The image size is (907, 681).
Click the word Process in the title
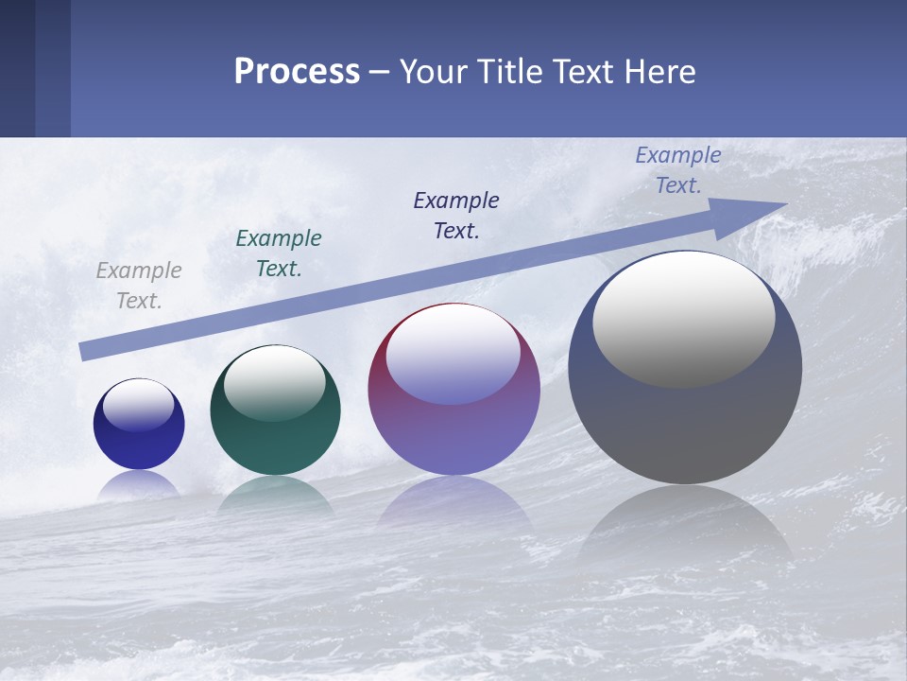pos(297,72)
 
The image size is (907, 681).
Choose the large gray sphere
pos(685,426)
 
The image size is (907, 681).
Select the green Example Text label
pos(279,253)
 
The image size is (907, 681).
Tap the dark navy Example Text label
pos(456,216)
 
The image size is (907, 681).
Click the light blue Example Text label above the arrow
pos(678,170)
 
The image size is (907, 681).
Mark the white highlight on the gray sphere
pos(684,320)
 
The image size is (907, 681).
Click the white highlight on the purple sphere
pos(453,355)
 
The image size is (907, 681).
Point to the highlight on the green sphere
pos(275,384)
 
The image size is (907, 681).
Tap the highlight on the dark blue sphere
pos(139,406)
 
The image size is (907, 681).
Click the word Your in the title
pos(433,72)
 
